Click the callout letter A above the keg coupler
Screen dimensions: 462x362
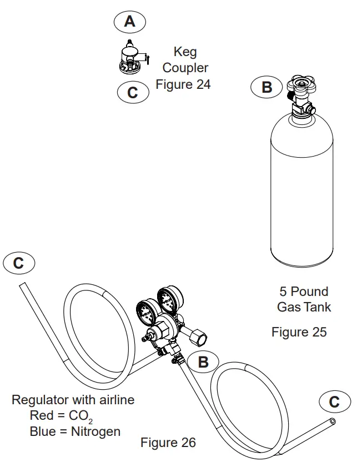click(x=129, y=21)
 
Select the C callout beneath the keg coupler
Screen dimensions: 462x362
click(x=133, y=92)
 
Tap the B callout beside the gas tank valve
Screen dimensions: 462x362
click(x=267, y=87)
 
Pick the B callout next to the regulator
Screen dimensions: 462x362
click(x=203, y=361)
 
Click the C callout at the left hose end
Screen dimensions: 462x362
click(x=19, y=263)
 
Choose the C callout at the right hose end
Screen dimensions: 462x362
click(x=333, y=401)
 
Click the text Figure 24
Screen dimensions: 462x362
click(x=183, y=85)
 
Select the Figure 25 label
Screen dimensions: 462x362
click(x=299, y=332)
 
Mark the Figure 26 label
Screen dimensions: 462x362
click(x=168, y=443)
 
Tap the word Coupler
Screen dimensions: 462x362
click(x=185, y=68)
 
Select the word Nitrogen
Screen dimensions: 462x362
click(x=95, y=431)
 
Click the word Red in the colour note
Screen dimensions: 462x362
click(x=42, y=415)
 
